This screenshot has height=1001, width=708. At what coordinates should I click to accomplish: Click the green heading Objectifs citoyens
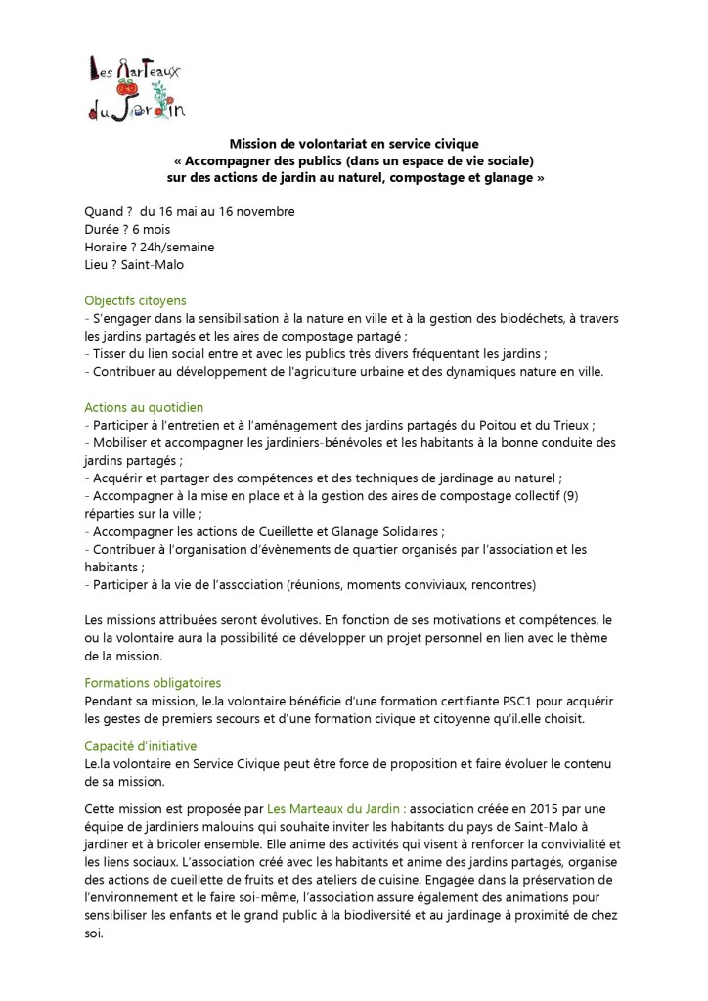pos(135,300)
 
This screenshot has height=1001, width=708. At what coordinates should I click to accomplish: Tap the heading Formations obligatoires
pos(153,682)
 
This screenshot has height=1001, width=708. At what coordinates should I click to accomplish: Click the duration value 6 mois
pos(149,229)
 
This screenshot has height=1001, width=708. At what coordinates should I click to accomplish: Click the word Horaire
pos(109,247)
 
